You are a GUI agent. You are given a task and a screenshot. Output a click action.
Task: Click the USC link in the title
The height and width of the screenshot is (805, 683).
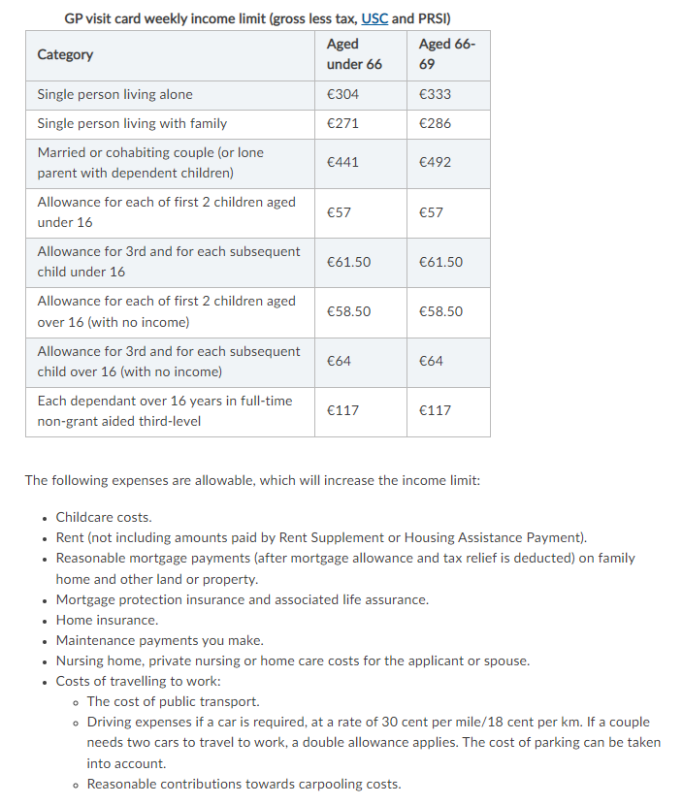pos(374,18)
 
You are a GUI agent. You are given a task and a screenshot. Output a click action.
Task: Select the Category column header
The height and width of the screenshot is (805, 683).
pos(65,54)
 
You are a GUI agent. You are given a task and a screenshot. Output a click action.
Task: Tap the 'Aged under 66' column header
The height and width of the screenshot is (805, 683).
pos(354,54)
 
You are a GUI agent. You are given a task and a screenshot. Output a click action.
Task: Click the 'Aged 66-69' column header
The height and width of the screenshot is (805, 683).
pos(446,54)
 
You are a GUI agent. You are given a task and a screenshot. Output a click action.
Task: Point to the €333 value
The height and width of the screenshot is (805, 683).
pos(435,94)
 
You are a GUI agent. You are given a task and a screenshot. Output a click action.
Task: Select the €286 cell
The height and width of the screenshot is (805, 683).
pos(435,123)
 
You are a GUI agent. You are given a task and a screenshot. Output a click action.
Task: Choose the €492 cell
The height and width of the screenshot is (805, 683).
pos(435,163)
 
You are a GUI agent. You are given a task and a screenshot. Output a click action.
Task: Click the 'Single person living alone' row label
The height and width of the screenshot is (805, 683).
pos(114,94)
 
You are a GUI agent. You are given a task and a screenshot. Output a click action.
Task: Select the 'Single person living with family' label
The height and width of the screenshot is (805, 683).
pos(132,123)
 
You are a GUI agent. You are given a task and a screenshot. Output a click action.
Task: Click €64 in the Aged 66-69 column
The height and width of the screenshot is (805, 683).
pos(431,361)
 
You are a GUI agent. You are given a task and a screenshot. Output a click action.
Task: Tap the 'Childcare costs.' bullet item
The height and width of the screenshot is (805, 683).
pos(104,517)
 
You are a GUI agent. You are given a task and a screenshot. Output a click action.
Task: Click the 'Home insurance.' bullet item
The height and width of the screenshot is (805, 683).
pos(107,620)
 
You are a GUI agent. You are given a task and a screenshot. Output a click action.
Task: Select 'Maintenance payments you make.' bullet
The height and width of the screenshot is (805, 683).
pos(159,640)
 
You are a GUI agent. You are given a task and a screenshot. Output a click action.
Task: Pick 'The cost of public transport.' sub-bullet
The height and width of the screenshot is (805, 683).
pos(173,701)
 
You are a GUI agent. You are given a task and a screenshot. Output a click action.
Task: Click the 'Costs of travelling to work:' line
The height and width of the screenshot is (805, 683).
pos(138,681)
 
